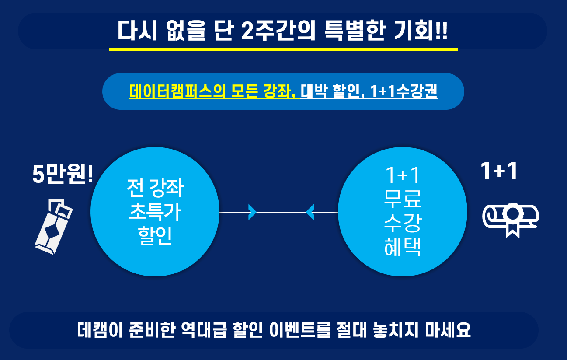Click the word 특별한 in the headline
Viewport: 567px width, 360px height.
[x=355, y=31]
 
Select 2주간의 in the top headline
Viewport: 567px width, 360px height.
[x=278, y=31]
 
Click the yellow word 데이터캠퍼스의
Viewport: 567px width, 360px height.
[x=177, y=91]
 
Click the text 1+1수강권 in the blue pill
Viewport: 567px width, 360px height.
[x=404, y=91]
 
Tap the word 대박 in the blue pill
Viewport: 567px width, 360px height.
[x=314, y=91]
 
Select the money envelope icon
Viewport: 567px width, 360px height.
[x=54, y=227]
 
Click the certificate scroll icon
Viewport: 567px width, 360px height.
[x=511, y=220]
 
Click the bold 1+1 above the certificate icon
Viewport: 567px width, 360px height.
[x=499, y=171]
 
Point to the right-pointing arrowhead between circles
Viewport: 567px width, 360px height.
[x=252, y=212]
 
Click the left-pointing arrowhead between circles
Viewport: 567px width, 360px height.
[x=310, y=212]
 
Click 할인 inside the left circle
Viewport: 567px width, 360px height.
[x=155, y=236]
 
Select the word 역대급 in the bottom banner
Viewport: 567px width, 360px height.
[x=204, y=330]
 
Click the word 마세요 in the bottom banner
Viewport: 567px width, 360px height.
[x=448, y=330]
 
